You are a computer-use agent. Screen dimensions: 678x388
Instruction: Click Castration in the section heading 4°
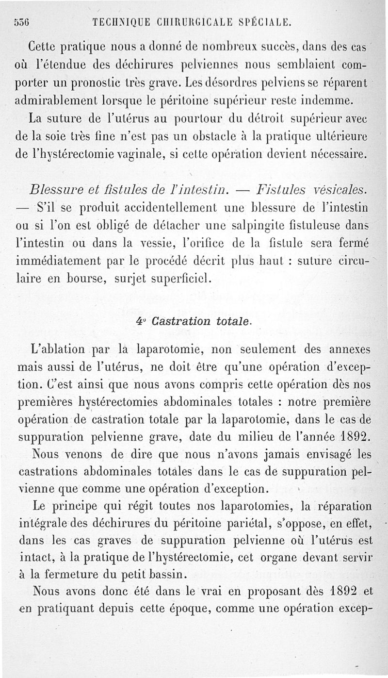(178, 321)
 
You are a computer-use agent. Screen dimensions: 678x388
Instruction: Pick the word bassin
(147, 574)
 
